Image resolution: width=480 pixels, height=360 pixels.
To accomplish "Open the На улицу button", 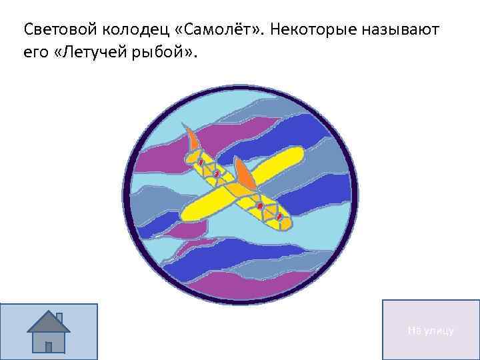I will (431, 330).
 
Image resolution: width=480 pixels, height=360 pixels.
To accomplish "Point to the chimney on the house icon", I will (59, 316).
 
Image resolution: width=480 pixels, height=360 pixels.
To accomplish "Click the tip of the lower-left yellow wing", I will (188, 214).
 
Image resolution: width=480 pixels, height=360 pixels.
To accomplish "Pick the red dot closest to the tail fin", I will (200, 162).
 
